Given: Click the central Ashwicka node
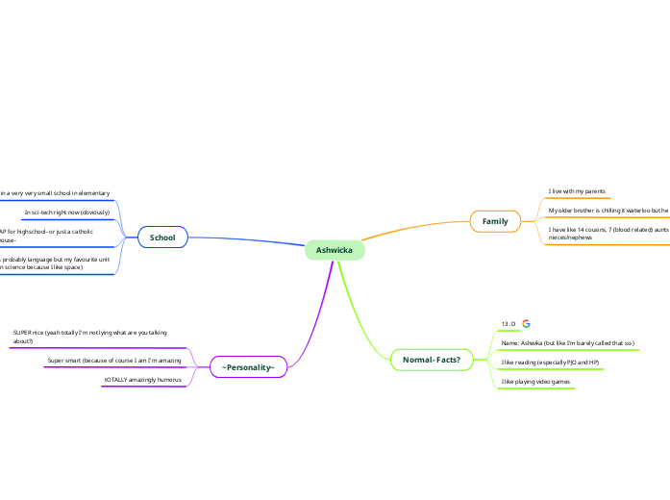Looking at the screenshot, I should coord(334,251).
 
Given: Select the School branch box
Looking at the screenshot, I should coord(161,237).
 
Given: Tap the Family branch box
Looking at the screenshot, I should coord(494,222).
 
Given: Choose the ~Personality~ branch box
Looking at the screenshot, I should coord(248,367).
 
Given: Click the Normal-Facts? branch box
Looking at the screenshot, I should coord(431,360).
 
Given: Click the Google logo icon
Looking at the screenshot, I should coord(526,324).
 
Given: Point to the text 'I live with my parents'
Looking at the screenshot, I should coord(577,191).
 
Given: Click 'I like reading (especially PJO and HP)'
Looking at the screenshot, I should coord(550,362).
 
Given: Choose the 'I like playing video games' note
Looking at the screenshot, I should coord(535,382).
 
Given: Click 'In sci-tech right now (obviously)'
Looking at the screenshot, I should coord(67,212).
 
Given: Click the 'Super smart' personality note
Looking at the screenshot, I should coord(115,361).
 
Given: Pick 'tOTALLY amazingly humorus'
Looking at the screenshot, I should coord(142,381).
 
